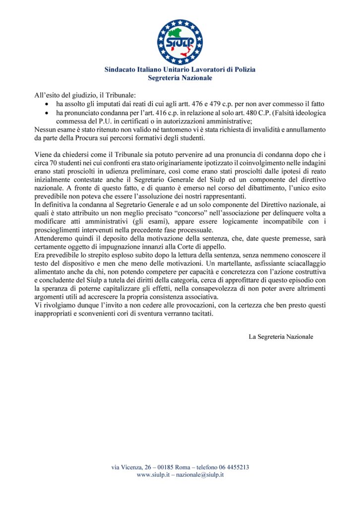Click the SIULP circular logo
(180, 42)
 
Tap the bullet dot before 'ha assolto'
(47, 104)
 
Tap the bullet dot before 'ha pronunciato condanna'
(47, 113)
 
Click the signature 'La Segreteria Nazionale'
(281, 336)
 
